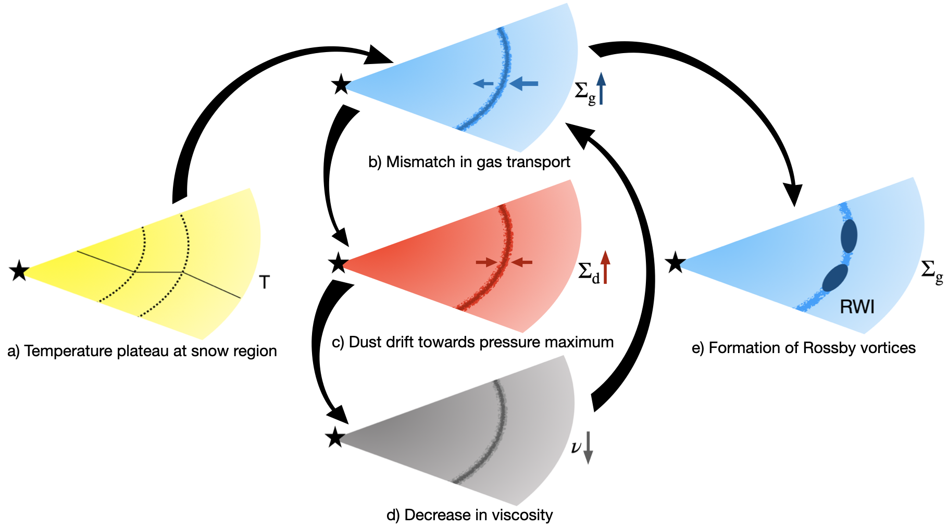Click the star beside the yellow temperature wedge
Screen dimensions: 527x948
point(19,271)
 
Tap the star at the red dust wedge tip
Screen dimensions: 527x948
point(338,263)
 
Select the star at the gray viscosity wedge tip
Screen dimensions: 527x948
point(335,438)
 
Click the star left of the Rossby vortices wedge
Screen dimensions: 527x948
point(675,262)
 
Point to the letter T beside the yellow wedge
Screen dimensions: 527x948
point(265,283)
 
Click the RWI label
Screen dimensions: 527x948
point(857,307)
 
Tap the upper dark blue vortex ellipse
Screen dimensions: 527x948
point(849,236)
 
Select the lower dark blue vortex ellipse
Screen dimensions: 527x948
point(835,278)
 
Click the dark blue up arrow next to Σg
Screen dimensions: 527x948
point(601,88)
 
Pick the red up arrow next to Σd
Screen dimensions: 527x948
point(605,267)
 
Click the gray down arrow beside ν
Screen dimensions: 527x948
point(588,447)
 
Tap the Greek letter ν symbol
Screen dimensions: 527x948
point(576,447)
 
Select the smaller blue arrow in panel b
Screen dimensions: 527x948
point(483,83)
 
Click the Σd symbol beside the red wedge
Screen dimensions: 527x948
point(589,272)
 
